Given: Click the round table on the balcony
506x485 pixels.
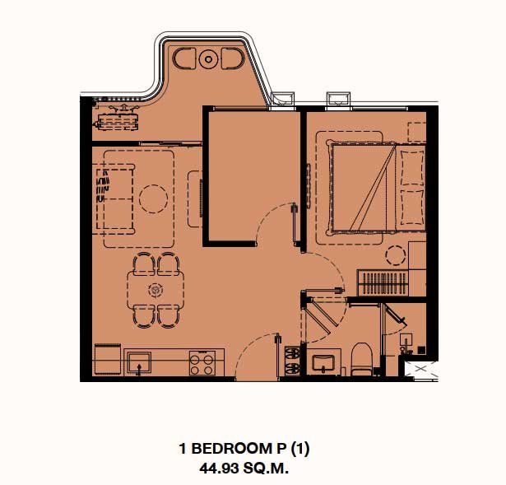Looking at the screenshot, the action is [208, 59].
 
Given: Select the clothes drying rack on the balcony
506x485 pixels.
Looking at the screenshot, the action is [118, 119].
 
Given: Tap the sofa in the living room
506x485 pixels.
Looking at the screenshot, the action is [114, 199].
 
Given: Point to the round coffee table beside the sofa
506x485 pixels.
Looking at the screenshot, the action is [153, 198].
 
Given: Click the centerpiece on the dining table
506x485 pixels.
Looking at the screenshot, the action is [156, 290].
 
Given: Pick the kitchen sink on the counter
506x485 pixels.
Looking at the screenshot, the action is [139, 363].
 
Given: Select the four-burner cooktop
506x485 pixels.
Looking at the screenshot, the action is [202, 363].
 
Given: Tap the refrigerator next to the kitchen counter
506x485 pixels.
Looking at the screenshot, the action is [108, 359].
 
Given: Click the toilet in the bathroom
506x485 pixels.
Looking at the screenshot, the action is [361, 359].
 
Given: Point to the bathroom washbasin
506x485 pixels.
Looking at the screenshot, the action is [323, 362].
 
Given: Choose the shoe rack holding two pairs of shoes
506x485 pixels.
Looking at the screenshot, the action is [292, 361].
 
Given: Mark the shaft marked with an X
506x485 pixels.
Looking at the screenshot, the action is [421, 369].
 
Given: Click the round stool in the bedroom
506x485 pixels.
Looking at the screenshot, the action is [395, 255].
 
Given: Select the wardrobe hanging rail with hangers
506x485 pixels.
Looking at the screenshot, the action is [383, 283].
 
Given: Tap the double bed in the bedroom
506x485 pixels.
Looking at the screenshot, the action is [376, 188].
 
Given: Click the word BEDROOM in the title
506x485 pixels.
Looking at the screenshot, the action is [230, 449].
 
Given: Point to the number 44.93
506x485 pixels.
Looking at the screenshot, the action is [220, 469].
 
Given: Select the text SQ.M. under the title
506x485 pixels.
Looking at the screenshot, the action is [266, 469].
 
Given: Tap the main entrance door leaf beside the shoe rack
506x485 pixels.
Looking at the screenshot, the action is [277, 356].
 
